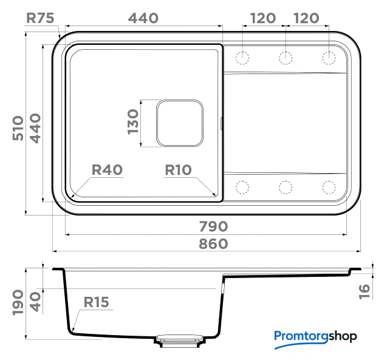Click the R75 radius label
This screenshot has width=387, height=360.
coord(40,18)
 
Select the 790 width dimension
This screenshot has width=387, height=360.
coord(213,226)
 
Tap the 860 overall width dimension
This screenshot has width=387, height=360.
coord(213,243)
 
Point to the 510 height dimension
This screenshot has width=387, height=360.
coord(18,128)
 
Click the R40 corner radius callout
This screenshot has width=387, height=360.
coord(107,169)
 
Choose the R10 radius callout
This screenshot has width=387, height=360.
coord(178,170)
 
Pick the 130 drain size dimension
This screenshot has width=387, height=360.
coord(133,122)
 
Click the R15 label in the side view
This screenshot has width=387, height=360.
coord(96,302)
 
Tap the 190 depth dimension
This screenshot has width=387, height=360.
coord(18,303)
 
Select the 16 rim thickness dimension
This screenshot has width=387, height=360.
coord(365,292)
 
